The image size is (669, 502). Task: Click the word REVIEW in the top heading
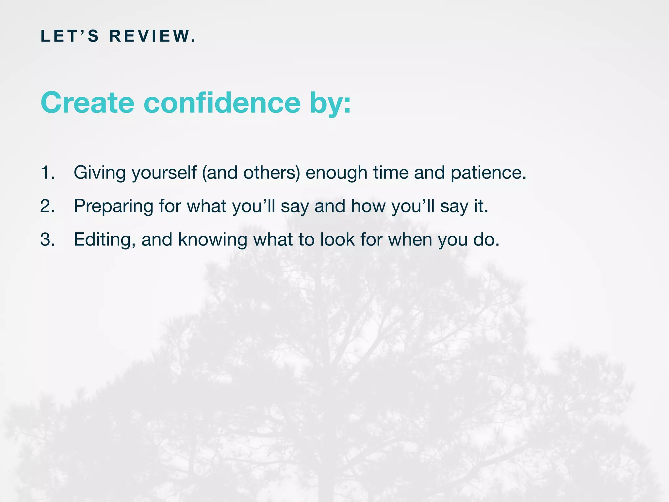152,36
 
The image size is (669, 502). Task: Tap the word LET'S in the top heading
70,36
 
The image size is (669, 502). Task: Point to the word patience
488,173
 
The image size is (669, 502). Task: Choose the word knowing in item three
212,240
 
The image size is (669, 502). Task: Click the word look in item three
337,239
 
